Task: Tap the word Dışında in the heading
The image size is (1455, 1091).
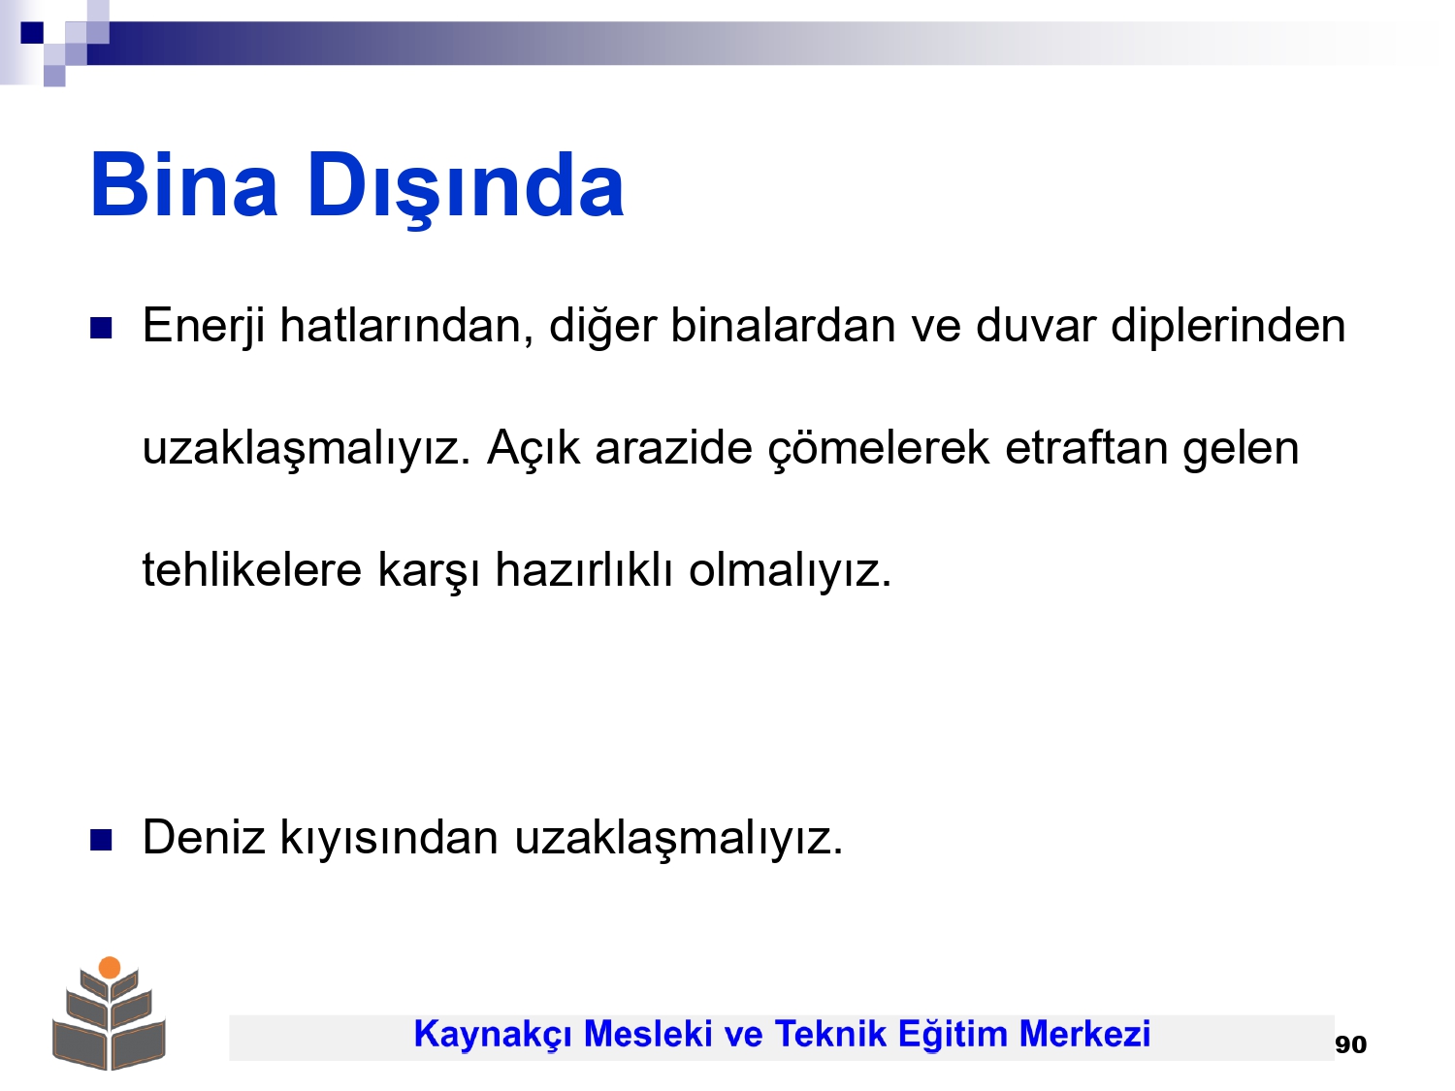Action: (466, 189)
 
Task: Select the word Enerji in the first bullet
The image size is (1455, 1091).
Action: (204, 327)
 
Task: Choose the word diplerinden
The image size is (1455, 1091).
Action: (1228, 327)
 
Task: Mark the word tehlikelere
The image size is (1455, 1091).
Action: (252, 569)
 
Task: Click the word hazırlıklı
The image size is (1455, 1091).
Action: (584, 569)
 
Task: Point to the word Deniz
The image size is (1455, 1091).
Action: (204, 837)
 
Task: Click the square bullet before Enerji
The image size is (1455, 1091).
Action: (101, 328)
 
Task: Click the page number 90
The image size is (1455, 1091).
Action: (1350, 1044)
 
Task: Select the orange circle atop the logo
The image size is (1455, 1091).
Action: (110, 967)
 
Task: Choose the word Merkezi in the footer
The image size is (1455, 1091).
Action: (1084, 1034)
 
